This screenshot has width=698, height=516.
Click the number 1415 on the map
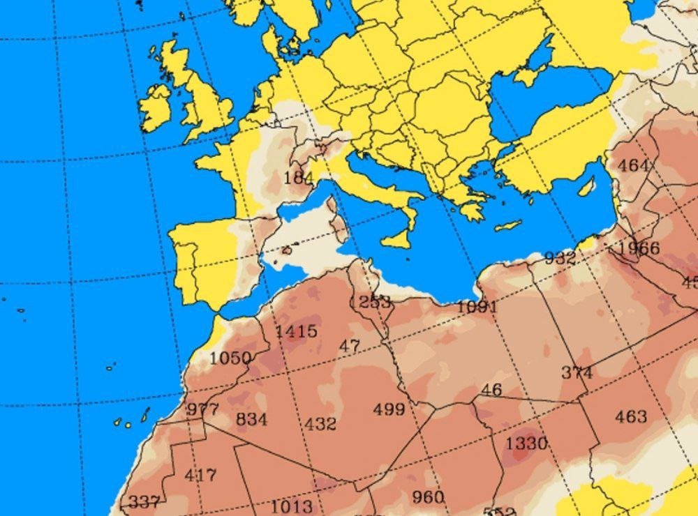296,331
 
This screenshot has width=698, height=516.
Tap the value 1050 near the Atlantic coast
230,358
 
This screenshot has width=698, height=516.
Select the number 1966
639,248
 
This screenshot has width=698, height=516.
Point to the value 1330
526,443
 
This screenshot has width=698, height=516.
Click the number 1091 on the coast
477,307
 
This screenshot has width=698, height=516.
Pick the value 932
560,258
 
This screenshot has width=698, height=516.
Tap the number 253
375,302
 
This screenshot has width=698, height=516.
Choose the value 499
389,409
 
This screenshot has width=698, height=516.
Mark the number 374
577,372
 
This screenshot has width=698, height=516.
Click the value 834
251,419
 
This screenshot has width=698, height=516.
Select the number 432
320,423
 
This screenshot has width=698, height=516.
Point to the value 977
202,409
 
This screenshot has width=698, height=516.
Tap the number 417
200,476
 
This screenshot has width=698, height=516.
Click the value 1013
292,506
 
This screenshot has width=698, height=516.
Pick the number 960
428,496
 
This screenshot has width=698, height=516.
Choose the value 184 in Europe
298,178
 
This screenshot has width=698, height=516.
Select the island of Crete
508,226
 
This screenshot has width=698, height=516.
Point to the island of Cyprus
586,186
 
